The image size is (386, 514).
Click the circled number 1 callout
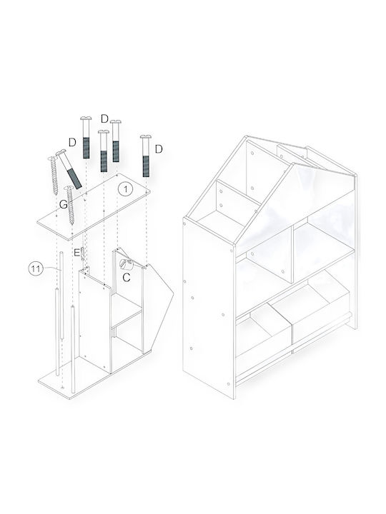pos(125,189)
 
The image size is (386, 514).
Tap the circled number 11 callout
pos(36,269)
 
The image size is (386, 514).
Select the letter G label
pos(64,205)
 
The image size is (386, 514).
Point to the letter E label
pos(76,253)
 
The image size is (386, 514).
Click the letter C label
pos(127,277)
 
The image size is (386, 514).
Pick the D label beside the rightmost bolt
pos(159,149)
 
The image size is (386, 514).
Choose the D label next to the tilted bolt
pos(72,142)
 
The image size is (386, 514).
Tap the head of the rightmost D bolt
pos(145,136)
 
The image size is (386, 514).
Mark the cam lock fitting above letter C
pos(126,263)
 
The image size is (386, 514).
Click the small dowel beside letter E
pos(83,254)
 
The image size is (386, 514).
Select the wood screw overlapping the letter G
pos(70,205)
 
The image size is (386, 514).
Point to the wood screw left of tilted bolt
pos(54,176)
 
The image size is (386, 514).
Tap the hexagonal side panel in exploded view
pos(157,308)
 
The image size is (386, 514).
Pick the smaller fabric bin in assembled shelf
pos(264,332)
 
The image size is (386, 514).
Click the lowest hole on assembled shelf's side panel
pos(229,383)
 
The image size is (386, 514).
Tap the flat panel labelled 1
pos(94,206)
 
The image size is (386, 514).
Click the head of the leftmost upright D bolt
pos(86,119)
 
